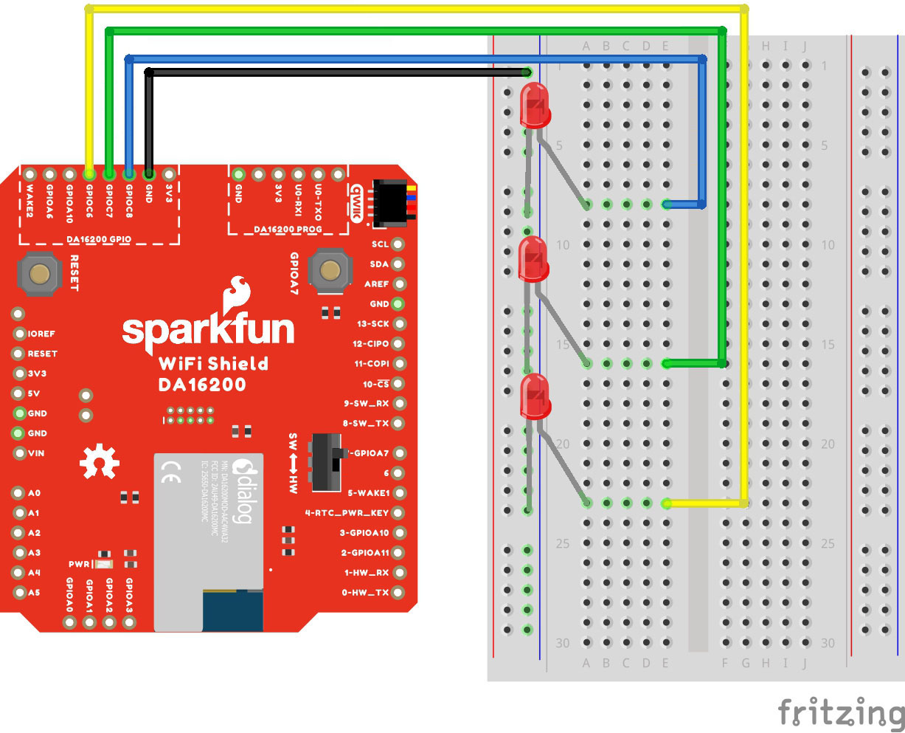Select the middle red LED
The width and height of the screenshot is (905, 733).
pyautogui.click(x=533, y=259)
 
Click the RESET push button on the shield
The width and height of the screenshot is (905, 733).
pyautogui.click(x=40, y=274)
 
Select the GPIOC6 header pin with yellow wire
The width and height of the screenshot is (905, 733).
pyautogui.click(x=89, y=175)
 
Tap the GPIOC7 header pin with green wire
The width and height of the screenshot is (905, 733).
pyautogui.click(x=109, y=175)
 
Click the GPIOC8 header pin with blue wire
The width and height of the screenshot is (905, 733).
pyautogui.click(x=129, y=175)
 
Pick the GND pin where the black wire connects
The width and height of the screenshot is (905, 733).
pyautogui.click(x=149, y=175)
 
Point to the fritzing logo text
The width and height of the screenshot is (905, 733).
pyautogui.click(x=841, y=713)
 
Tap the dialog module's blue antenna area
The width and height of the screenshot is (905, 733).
pyautogui.click(x=233, y=610)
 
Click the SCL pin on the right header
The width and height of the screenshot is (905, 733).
pyautogui.click(x=398, y=244)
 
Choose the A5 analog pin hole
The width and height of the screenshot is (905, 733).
pyautogui.click(x=18, y=592)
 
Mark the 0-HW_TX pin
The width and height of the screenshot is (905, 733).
pyautogui.click(x=398, y=592)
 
